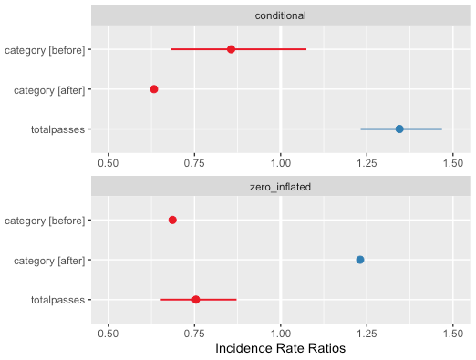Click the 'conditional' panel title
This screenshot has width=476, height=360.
280,15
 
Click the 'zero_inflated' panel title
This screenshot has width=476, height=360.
280,186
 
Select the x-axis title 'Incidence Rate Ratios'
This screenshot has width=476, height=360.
280,347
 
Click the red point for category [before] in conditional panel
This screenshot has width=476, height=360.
231,49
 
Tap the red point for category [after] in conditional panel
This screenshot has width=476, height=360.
154,89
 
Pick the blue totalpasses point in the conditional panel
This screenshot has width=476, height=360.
399,129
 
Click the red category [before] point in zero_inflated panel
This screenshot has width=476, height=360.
172,220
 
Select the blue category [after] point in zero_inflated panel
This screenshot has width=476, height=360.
360,260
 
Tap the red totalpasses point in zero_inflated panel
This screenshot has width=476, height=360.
196,300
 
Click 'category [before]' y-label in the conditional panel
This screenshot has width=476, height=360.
45,49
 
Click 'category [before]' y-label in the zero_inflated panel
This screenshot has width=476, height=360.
45,220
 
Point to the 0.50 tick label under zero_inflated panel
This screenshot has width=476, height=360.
109,332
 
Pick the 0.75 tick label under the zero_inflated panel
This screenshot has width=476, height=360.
194,332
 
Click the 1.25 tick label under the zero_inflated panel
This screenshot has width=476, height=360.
367,332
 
